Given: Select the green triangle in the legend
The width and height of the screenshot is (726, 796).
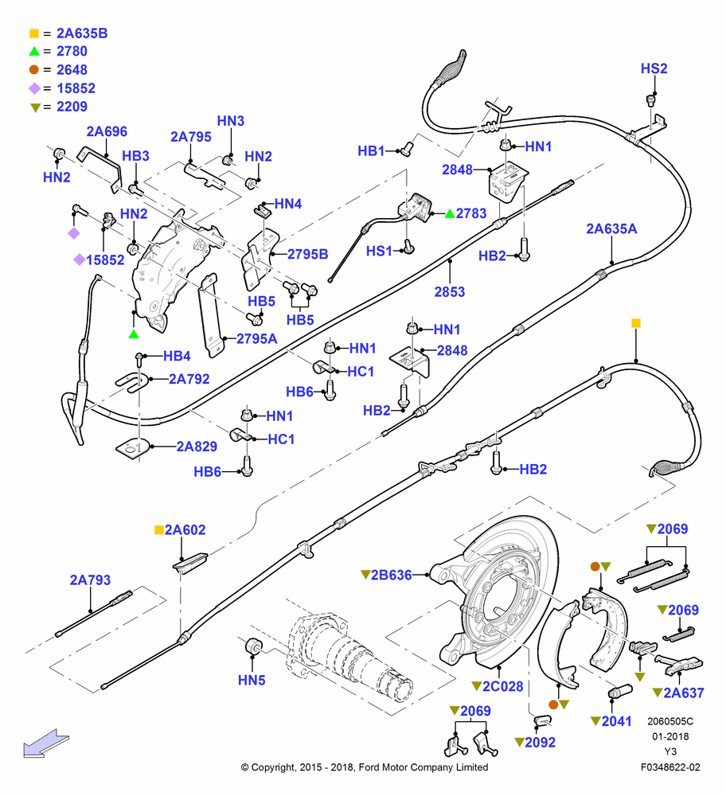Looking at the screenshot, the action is click(34, 51).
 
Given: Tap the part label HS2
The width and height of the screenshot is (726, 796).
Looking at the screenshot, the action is click(654, 68).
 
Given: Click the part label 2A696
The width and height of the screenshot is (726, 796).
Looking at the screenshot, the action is click(107, 131).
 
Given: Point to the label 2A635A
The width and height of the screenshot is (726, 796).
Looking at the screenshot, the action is click(612, 229).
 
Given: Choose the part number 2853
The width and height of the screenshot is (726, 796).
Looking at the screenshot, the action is click(449, 292).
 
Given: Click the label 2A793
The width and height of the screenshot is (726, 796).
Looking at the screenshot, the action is click(90, 579).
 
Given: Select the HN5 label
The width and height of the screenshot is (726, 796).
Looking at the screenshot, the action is click(252, 680).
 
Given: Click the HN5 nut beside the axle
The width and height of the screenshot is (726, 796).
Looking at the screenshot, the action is click(253, 646).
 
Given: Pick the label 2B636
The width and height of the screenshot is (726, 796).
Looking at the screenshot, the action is click(391, 576).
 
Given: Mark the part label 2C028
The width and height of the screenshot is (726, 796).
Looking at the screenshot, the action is click(502, 686).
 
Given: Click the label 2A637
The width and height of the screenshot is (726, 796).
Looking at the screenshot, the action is click(683, 693).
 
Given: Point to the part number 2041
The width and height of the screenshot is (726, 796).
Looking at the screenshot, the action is click(616, 721).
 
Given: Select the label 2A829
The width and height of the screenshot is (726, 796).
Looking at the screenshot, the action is click(197, 447).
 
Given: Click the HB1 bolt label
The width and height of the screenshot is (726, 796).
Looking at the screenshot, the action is click(371, 150).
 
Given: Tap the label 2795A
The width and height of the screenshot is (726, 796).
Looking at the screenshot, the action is click(257, 338).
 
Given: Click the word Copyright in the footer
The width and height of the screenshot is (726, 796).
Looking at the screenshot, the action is click(273, 767).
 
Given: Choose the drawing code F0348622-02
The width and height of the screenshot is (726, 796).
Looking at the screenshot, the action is click(670, 767).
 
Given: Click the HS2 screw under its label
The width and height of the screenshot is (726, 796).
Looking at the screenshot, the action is click(651, 99).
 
